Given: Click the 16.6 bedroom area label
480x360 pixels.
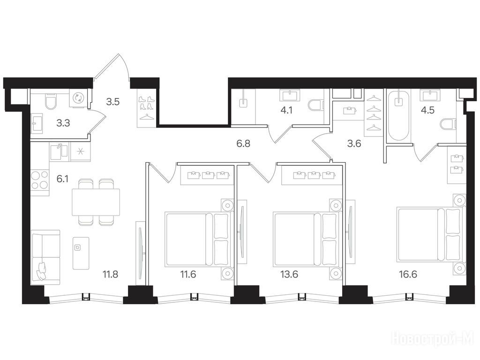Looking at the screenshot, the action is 408,274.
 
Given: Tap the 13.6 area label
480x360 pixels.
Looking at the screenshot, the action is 289,274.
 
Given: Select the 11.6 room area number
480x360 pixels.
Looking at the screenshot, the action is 188,274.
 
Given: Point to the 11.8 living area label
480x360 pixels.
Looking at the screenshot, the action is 110,274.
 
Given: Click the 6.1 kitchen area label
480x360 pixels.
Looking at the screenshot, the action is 62,179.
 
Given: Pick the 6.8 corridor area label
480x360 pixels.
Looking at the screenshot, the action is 243,143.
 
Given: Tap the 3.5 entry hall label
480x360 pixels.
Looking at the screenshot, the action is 112,102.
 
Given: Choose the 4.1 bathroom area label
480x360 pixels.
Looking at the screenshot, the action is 286,110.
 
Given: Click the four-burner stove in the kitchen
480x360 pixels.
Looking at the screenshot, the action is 40,180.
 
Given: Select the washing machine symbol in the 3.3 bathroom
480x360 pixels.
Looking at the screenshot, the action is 78,98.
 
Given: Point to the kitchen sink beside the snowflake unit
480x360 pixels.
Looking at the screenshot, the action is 60,151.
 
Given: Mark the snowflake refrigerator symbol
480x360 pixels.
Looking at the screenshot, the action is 81,151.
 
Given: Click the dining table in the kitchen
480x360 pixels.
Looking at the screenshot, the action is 96,202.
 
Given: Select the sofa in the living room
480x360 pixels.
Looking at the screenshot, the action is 45,257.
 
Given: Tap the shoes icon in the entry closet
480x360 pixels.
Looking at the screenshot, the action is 146,103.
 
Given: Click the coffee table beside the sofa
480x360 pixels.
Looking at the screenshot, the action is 81,253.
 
